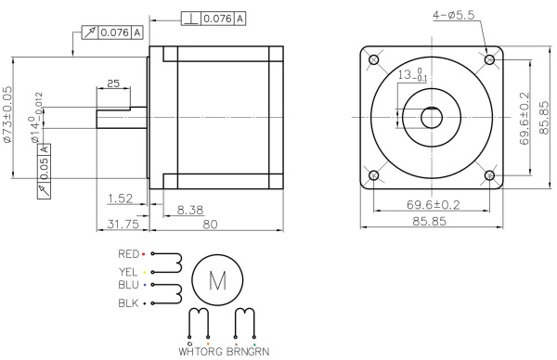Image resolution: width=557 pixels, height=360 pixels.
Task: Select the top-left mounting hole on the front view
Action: click(x=373, y=60)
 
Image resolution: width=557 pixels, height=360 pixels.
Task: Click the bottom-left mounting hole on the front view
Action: click(x=373, y=175)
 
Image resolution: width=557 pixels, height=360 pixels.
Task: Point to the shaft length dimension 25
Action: click(x=113, y=84)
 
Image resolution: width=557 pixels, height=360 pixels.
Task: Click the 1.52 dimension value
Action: click(x=119, y=198)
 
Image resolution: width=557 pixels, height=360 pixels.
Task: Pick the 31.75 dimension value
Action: click(x=123, y=224)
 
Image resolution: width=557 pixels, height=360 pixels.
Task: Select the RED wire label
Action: click(x=128, y=253)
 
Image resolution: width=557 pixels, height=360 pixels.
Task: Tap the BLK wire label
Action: click(x=128, y=303)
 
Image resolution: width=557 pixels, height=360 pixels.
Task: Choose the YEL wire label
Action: click(x=128, y=271)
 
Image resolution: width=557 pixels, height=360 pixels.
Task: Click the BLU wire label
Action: click(x=128, y=287)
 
